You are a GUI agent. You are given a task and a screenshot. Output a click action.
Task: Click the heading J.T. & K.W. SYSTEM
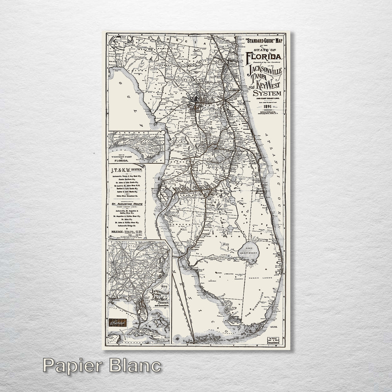point(126,169)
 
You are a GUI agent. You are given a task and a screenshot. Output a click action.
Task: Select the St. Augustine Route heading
point(126,204)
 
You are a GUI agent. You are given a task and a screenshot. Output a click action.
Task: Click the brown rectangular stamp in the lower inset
point(118,322)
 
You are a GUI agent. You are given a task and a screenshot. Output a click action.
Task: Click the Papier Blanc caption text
point(102,365)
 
